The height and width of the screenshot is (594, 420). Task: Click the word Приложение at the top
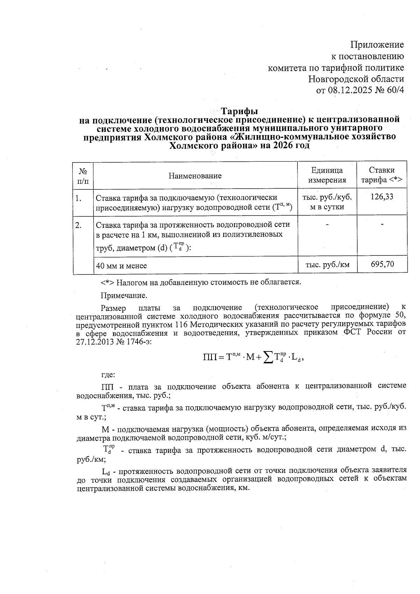[377, 45]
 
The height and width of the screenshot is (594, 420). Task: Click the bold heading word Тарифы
[239, 111]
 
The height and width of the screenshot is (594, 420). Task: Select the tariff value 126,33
[382, 197]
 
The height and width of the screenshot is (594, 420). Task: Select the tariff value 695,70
[382, 264]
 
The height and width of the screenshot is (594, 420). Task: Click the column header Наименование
[195, 175]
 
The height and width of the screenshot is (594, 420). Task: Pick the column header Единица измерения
[327, 175]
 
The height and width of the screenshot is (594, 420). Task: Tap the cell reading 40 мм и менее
[121, 266]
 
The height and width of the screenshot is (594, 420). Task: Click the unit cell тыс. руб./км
[327, 265]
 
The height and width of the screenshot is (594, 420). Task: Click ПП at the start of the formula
[209, 357]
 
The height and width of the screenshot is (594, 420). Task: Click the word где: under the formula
[108, 375]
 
